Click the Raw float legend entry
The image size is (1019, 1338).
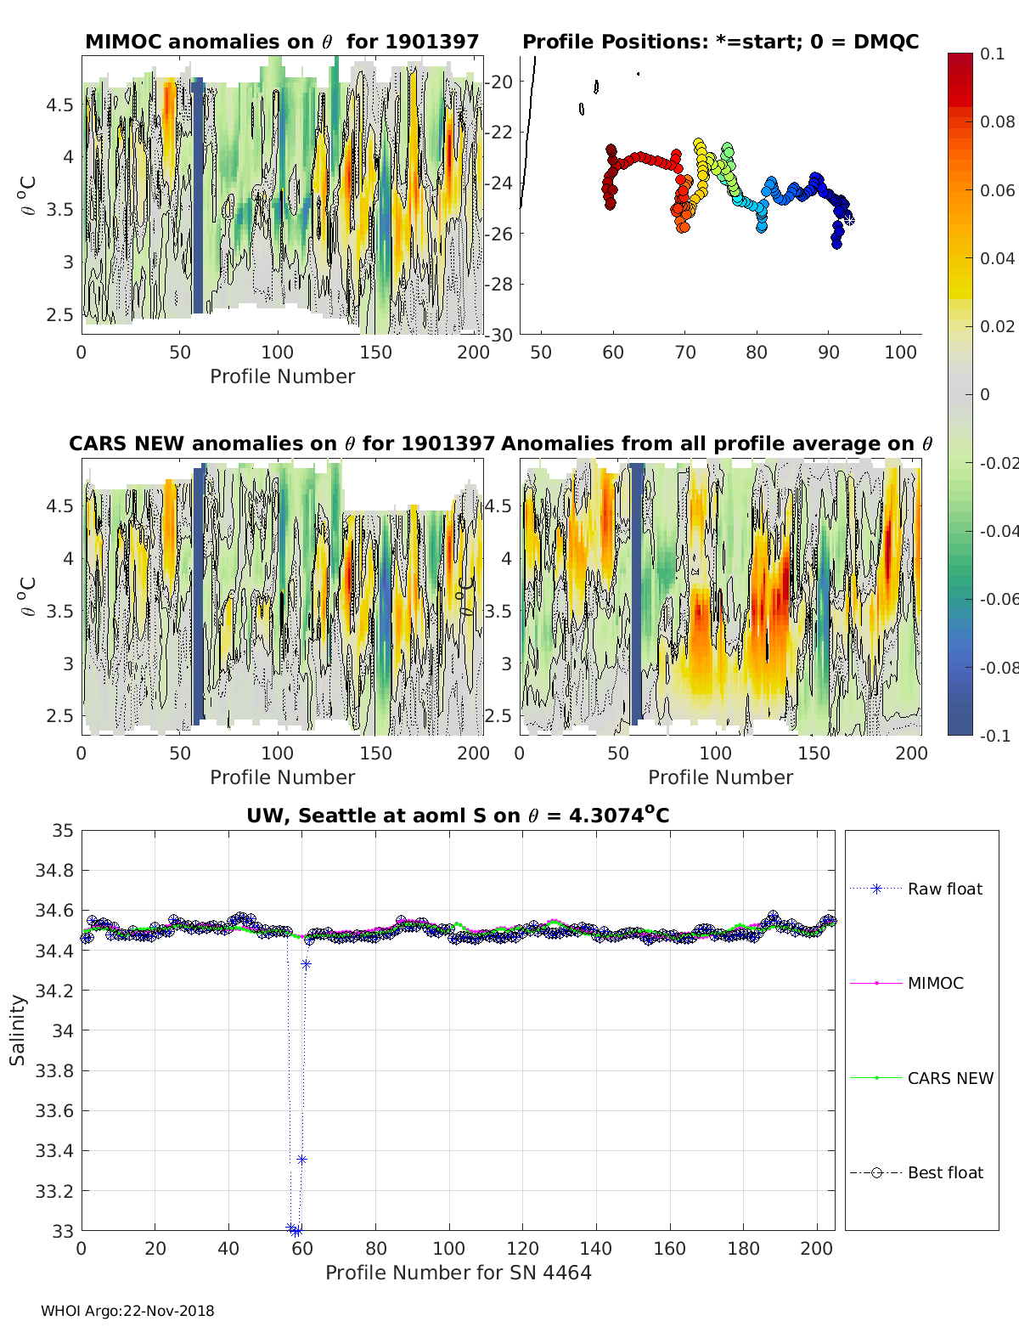point(916,889)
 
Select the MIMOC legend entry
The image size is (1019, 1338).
point(907,983)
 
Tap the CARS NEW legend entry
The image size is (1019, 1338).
point(921,1078)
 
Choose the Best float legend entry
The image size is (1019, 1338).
point(916,1172)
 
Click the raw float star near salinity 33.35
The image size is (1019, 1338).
point(301,1160)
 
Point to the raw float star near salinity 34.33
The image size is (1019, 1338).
point(306,964)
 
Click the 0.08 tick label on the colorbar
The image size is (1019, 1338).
point(997,122)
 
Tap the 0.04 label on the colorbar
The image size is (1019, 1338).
point(997,258)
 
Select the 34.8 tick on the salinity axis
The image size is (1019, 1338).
point(54,871)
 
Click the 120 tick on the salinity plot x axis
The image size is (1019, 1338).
point(522,1249)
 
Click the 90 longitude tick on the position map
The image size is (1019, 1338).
point(828,352)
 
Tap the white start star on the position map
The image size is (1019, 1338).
point(849,220)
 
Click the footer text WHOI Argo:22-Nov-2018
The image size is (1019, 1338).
point(127,1311)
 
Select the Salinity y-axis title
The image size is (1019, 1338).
point(18,1030)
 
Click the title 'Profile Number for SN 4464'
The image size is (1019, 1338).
point(458,1273)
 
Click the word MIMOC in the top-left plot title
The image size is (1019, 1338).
point(124,42)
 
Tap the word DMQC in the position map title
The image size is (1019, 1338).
point(886,42)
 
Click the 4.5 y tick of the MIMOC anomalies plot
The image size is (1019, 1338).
point(59,104)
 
